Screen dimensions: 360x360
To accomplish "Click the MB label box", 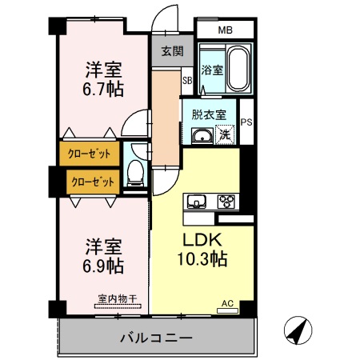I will coord(226,30).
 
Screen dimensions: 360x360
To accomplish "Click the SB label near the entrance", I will coord(186,80).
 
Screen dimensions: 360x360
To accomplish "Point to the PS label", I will coord(247,122).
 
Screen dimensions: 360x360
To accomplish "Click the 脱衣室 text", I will coord(208,114).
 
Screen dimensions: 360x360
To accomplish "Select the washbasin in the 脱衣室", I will coord(201,137).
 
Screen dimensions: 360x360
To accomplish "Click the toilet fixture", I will coord(138,170).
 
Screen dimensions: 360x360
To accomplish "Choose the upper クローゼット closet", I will coord(88,152).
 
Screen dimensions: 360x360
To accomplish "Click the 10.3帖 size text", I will coord(203,259).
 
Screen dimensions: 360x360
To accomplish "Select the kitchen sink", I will coord(196,201).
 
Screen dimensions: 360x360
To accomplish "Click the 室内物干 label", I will coord(118,298).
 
